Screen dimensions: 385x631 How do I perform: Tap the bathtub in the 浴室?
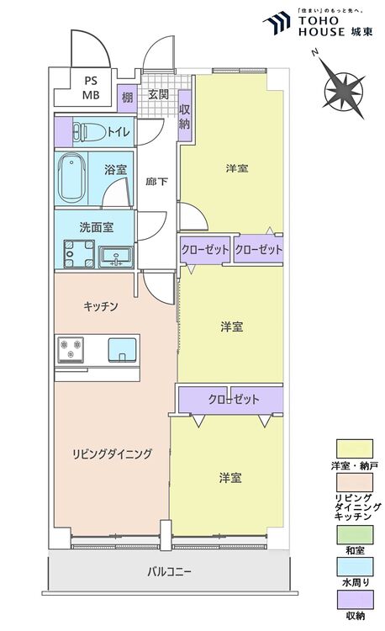pyautogui.click(x=72, y=178)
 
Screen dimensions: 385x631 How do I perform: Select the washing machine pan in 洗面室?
pyautogui.click(x=79, y=254)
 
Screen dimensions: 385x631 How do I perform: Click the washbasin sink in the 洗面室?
pyautogui.click(x=115, y=257)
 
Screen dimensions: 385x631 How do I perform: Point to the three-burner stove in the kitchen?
pyautogui.click(x=71, y=349)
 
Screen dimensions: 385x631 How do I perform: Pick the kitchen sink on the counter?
pyautogui.click(x=122, y=350)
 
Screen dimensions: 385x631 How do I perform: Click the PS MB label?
pyautogui.click(x=91, y=87)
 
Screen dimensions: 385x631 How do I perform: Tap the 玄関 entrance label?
pyautogui.click(x=158, y=95)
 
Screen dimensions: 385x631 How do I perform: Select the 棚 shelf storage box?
pyautogui.click(x=127, y=98)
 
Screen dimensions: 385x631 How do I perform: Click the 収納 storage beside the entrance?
pyautogui.click(x=184, y=116)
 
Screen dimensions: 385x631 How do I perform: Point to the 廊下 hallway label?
pyautogui.click(x=156, y=182)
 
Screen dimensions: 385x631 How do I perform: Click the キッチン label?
pyautogui.click(x=101, y=306)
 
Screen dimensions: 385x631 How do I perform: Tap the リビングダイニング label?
pyautogui.click(x=112, y=454)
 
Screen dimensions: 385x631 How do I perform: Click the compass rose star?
pyautogui.click(x=345, y=91)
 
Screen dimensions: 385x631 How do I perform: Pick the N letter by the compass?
pyautogui.click(x=315, y=53)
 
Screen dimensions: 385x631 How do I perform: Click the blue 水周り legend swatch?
pyautogui.click(x=355, y=567)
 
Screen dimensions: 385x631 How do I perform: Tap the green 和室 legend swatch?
pyautogui.click(x=355, y=534)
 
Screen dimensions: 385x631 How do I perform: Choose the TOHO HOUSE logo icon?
pyautogui.click(x=277, y=24)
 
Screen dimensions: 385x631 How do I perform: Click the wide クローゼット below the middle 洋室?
pyautogui.click(x=230, y=400)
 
